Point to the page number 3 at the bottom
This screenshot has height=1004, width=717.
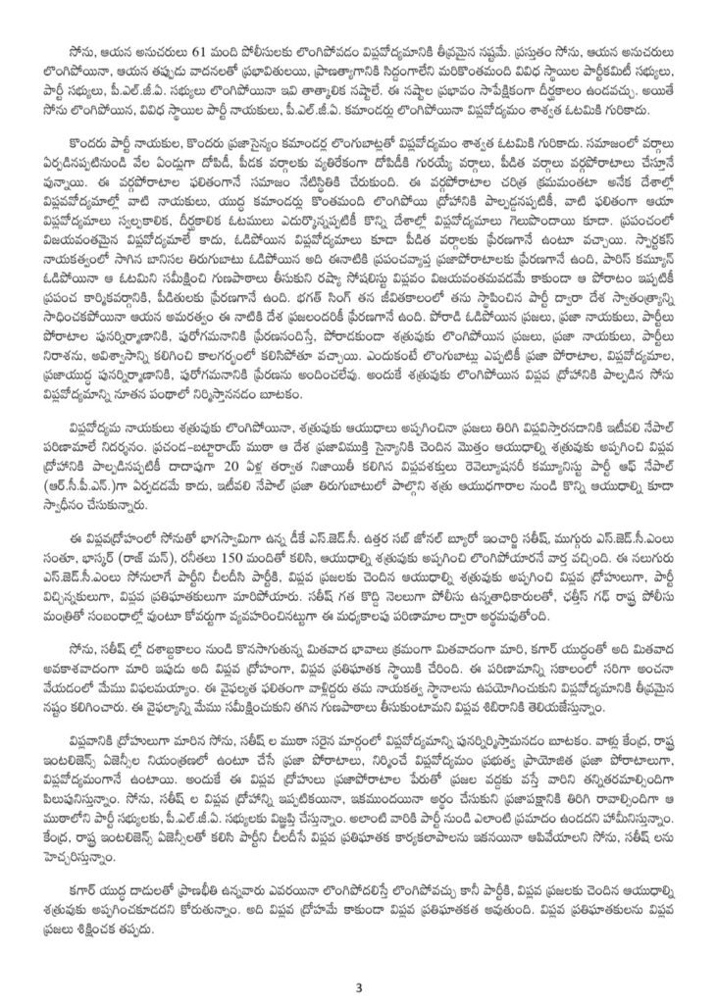pos(359,986)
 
